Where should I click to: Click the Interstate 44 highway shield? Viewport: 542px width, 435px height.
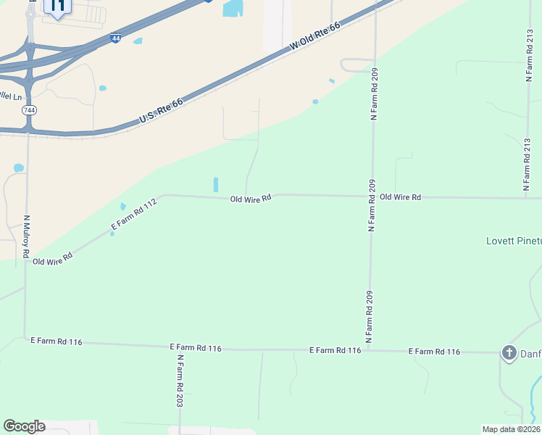coord(116,38)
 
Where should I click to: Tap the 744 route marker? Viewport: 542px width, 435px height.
coord(29,110)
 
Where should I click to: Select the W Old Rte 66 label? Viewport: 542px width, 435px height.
coord(314,36)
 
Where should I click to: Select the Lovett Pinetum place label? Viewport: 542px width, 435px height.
coord(513,241)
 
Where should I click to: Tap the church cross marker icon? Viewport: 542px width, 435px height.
coord(509,353)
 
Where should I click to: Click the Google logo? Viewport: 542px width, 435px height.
coord(24,426)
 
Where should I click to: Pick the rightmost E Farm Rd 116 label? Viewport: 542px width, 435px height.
coord(434,352)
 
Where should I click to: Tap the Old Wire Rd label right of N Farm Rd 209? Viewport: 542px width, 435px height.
coord(400,196)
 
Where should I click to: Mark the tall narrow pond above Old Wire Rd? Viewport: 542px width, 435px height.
coord(216,184)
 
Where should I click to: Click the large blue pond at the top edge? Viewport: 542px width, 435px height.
coord(233,8)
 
